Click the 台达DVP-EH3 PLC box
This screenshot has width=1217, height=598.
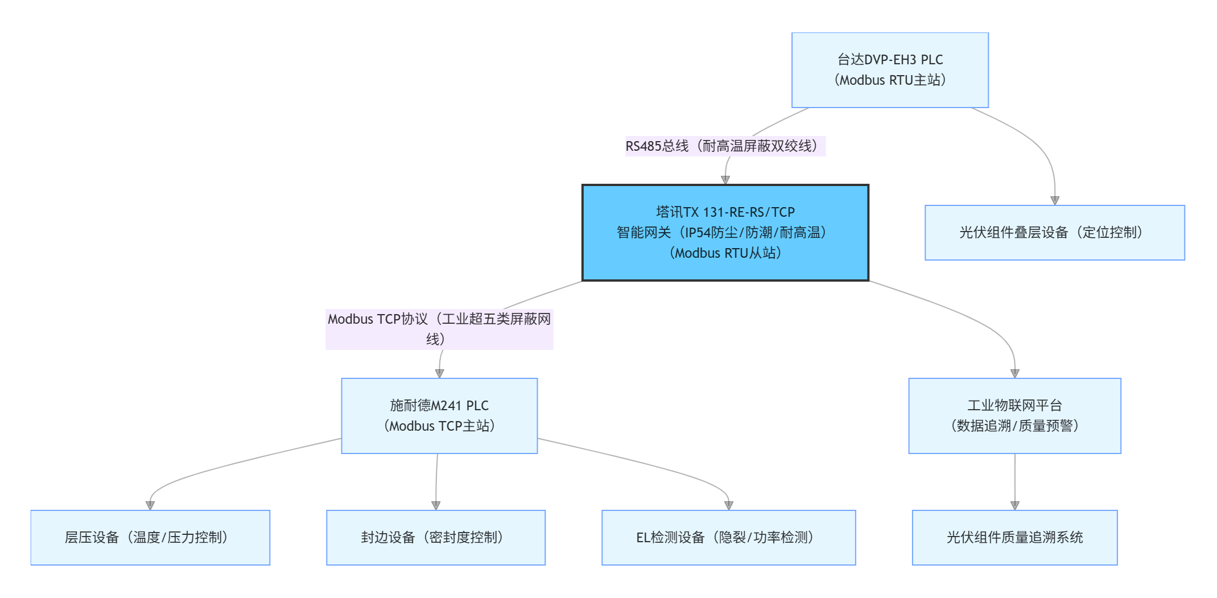[x=890, y=70]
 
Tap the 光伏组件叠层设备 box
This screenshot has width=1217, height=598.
[x=1054, y=233]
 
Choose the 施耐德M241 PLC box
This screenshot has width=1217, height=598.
[x=439, y=416]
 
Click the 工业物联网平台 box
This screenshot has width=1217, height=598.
[x=1014, y=416]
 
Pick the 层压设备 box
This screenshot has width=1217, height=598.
[x=150, y=538]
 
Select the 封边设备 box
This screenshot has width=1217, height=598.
[x=436, y=538]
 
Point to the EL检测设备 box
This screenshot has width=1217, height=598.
[x=728, y=538]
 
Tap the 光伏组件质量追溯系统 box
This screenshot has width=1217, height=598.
[x=1014, y=538]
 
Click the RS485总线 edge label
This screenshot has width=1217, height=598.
[x=725, y=146]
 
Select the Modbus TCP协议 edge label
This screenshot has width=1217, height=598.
[x=439, y=329]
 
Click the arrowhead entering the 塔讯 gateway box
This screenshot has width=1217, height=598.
[x=725, y=180]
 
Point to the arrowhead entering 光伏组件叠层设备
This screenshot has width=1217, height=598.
[x=1055, y=200]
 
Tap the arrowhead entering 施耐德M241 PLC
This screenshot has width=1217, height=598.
[x=439, y=373]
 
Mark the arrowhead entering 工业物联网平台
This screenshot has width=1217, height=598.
[x=1015, y=373]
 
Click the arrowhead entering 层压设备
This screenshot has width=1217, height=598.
[x=150, y=505]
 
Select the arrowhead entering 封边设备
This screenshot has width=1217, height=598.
[x=436, y=505]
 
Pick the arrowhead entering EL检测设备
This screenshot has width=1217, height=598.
[x=729, y=505]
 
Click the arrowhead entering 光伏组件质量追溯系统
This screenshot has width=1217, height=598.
[x=1015, y=505]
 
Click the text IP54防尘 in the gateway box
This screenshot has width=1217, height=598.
[x=711, y=233]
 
